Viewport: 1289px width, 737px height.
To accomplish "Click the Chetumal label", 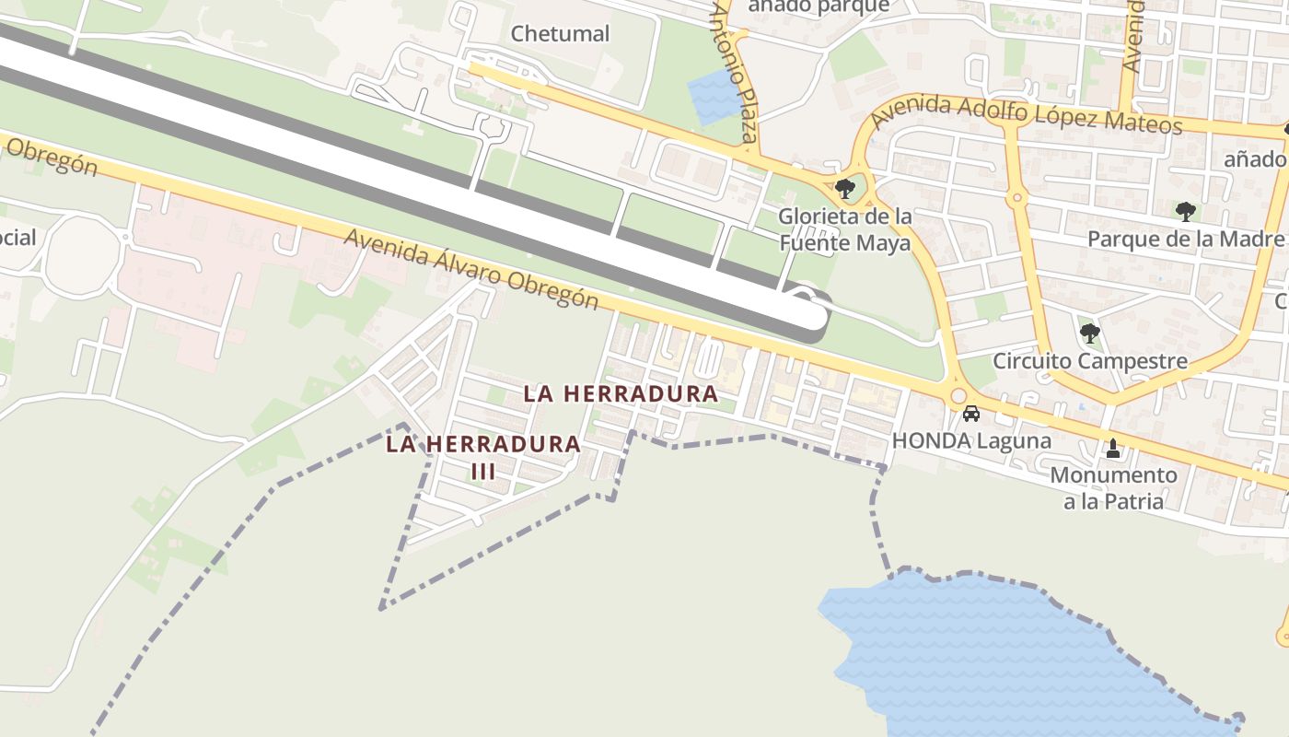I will [560, 34].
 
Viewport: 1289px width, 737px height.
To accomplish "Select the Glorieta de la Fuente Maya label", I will [845, 229].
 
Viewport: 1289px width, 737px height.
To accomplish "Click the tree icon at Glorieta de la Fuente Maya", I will [844, 190].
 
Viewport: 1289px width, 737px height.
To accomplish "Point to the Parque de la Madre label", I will [1185, 240].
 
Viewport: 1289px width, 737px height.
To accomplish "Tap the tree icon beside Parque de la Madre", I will [1185, 211].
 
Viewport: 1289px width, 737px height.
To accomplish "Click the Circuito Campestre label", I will [1089, 360].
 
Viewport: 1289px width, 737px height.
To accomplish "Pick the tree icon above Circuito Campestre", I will [1089, 332].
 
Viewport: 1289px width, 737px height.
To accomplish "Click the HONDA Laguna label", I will [971, 440].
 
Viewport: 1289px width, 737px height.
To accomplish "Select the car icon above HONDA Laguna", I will [970, 414].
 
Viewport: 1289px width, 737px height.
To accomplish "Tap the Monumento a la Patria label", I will [1113, 488].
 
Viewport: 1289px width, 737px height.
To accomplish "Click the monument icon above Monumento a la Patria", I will [1113, 450].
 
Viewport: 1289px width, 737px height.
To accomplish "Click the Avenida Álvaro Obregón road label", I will [470, 269].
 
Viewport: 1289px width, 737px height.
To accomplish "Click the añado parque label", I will [819, 7].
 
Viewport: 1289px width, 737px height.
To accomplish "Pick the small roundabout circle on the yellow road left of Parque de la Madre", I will [1017, 197].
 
